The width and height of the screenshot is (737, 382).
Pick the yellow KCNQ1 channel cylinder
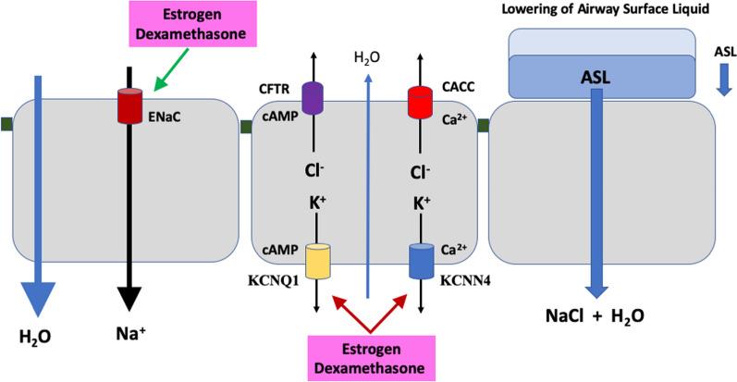(317, 260)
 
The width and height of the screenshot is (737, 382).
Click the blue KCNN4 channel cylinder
(422, 260)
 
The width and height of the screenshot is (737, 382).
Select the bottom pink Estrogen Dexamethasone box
(370, 353)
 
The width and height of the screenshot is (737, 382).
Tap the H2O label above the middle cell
(367, 56)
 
